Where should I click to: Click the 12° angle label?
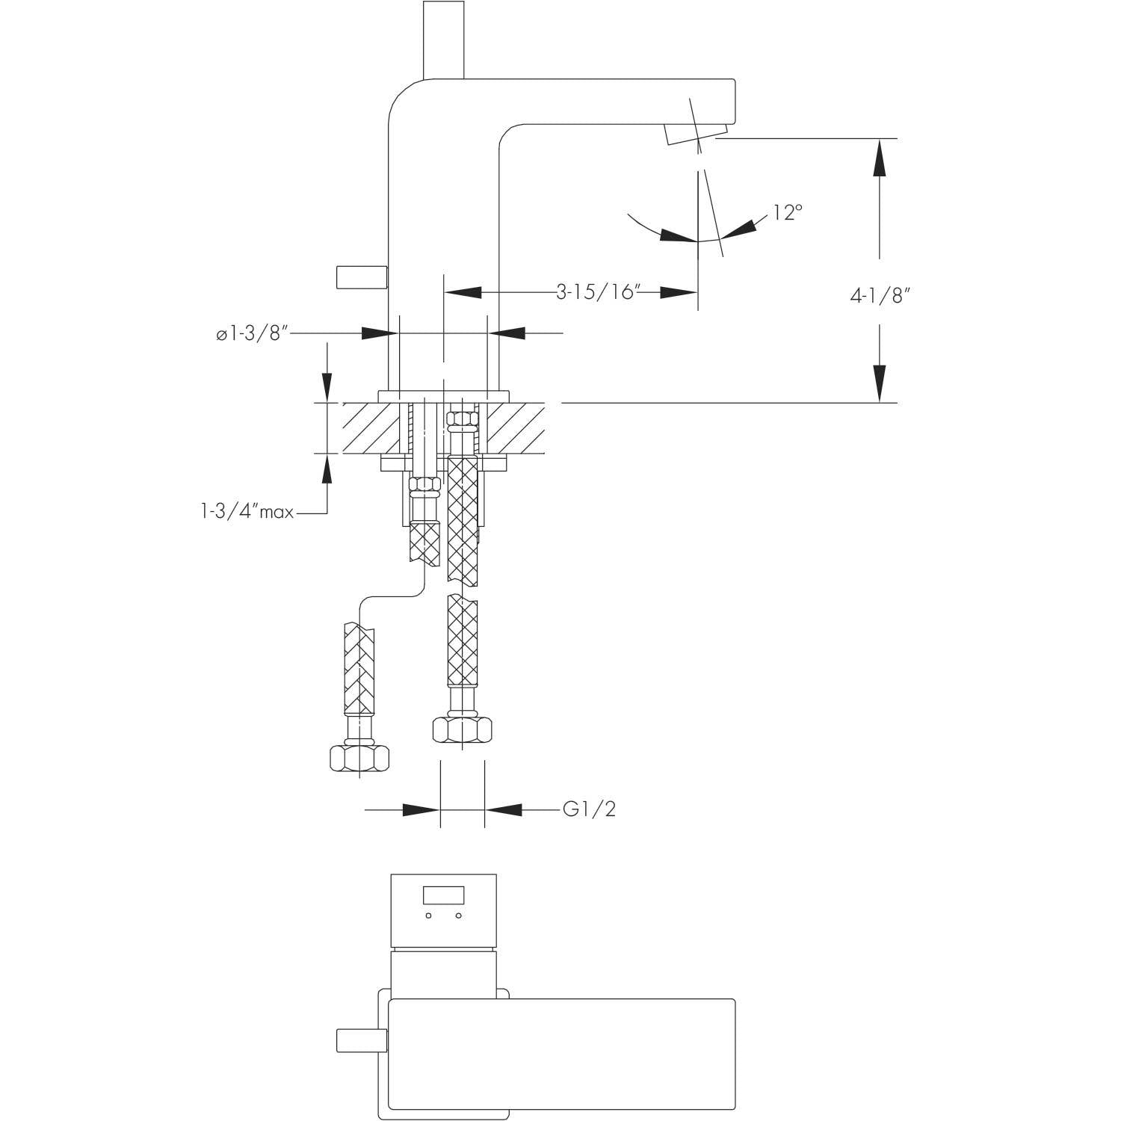click(788, 212)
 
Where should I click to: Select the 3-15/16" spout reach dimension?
click(599, 291)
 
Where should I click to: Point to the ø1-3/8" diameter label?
click(252, 334)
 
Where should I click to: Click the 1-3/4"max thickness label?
click(247, 513)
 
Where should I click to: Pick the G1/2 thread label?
click(590, 809)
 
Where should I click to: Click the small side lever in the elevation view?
click(362, 277)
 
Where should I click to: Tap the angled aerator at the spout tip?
click(694, 135)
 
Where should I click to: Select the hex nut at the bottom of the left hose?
click(359, 758)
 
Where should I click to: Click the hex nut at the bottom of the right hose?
click(463, 729)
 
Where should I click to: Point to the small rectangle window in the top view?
click(444, 895)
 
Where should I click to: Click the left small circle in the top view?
click(429, 915)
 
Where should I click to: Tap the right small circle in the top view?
click(459, 915)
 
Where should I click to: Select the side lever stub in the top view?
click(362, 1040)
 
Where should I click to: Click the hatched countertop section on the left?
click(371, 427)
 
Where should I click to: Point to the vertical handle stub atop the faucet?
click(444, 39)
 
